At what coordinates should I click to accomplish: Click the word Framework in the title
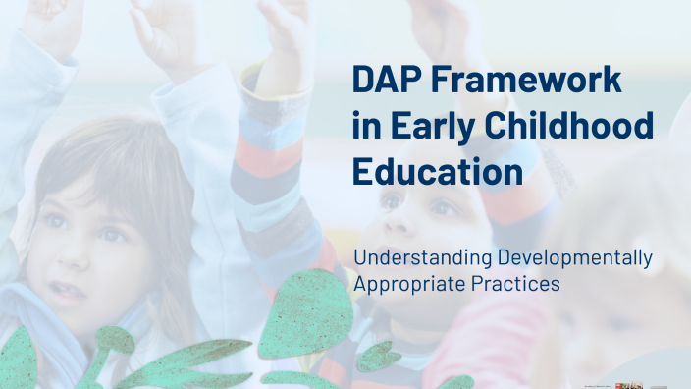[528, 81]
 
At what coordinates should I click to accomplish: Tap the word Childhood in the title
[567, 126]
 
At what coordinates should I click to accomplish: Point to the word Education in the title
[436, 171]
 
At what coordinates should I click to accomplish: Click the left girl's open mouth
[69, 290]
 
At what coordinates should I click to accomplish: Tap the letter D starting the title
[363, 81]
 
